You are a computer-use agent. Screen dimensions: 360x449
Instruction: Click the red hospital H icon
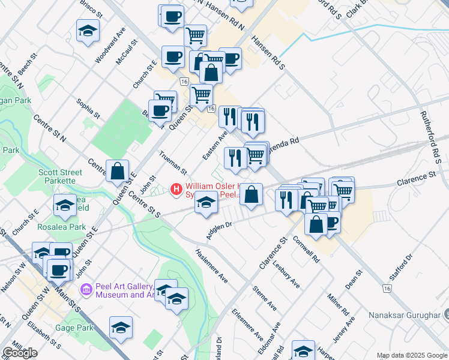coord(176,190)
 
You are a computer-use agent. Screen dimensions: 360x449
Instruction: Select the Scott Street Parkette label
coord(57,176)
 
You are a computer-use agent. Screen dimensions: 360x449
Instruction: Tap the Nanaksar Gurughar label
coord(414,315)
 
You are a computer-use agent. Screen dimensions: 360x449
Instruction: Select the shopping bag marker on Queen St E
coord(117,172)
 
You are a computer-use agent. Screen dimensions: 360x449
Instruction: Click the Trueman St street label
coord(173,163)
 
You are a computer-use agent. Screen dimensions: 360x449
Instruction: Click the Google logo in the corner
coord(19,353)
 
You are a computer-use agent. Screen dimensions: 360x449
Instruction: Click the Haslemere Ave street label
coord(212,266)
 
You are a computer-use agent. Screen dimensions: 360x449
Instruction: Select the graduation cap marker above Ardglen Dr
coord(206,203)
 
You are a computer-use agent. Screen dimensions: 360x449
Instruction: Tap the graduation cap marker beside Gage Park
coord(121,328)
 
